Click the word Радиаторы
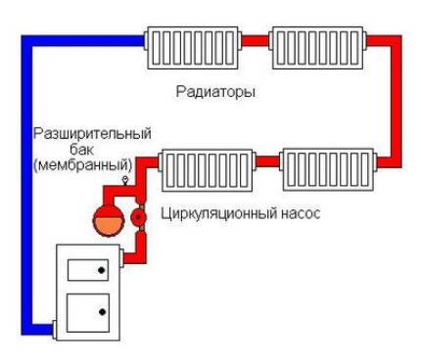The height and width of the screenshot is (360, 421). (x=217, y=93)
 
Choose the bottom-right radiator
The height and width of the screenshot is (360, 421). (x=326, y=169)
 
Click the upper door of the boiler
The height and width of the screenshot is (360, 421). (x=85, y=273)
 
